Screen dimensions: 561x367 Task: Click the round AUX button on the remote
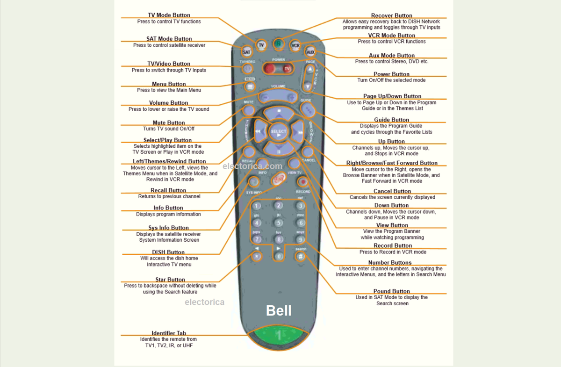310,52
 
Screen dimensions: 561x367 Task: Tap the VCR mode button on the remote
295,45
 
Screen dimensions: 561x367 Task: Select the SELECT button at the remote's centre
279,132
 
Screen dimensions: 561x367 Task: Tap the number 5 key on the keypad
279,223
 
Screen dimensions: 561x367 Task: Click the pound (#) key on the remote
301,256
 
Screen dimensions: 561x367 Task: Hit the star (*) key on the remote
256,256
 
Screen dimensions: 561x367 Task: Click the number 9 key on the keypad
301,240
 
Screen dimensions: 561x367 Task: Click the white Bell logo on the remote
279,310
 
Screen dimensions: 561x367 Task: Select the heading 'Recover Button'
391,16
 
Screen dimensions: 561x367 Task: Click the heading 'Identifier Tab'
169,333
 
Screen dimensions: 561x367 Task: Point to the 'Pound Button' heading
391,291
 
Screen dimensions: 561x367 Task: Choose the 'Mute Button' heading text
169,123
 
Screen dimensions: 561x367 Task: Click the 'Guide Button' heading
391,120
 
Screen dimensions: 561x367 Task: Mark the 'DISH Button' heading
169,252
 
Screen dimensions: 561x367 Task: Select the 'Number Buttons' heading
390,263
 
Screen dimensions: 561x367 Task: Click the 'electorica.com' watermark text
252,166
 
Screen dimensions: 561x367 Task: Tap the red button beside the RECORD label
303,182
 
